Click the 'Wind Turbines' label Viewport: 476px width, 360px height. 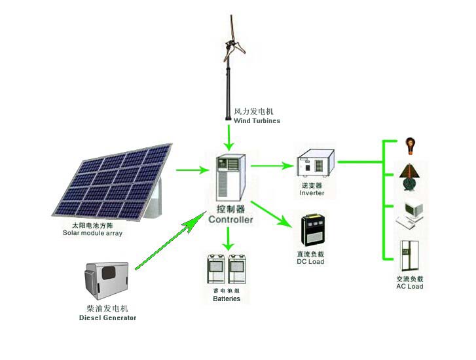[x=257, y=120]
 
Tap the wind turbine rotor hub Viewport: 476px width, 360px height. [x=230, y=45]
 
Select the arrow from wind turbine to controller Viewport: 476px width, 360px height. [x=229, y=137]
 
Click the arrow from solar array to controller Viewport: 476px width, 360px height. [x=192, y=170]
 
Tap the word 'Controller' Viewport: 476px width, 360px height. [x=230, y=219]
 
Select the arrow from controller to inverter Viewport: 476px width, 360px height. [x=272, y=166]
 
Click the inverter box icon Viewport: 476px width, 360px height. [x=316, y=163]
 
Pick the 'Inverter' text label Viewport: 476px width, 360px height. [x=312, y=192]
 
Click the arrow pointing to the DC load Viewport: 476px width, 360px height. [x=271, y=214]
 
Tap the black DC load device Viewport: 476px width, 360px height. [x=313, y=230]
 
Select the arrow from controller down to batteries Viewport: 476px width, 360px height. [x=229, y=239]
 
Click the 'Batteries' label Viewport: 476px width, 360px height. [x=227, y=298]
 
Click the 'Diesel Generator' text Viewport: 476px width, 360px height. [x=107, y=318]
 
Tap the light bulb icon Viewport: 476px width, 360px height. [x=410, y=146]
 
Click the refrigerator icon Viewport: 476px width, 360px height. [x=409, y=255]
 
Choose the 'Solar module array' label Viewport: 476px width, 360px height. [x=92, y=233]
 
